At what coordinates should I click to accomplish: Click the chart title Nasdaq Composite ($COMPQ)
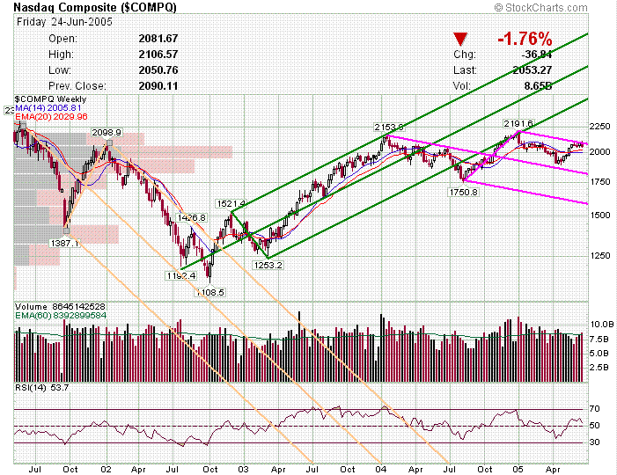click(94, 8)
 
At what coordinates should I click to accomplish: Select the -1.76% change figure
click(524, 39)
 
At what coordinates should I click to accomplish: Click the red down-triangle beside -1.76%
click(459, 40)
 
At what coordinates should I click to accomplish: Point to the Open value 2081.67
click(158, 39)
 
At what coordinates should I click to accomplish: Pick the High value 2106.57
click(158, 54)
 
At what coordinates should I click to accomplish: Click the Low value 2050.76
click(158, 69)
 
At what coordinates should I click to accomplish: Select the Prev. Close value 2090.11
click(158, 85)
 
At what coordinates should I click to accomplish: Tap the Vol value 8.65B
click(538, 85)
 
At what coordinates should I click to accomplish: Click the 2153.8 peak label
click(388, 128)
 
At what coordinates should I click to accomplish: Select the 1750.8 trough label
click(462, 191)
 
